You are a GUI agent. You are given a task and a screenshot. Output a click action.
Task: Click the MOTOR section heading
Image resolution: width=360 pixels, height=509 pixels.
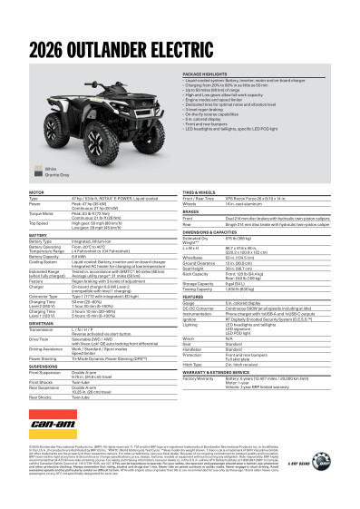pos(36,193)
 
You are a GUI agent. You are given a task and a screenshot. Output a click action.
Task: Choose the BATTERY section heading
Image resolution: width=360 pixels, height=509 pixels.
pos(38,234)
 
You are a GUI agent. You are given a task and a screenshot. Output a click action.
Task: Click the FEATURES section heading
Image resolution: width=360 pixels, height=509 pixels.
pos(194,296)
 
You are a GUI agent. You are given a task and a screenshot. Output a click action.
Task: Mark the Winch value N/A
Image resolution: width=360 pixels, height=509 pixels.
pos(232,341)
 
